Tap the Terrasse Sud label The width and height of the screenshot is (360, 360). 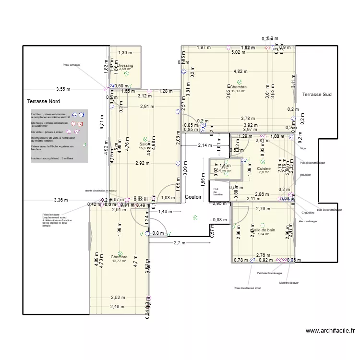317,95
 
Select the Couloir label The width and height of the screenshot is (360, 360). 193,183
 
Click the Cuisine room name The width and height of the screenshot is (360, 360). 264,168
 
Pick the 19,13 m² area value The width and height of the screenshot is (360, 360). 239,91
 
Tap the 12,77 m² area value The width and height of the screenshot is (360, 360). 119,261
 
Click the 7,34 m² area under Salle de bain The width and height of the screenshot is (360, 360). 264,234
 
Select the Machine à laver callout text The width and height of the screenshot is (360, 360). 289,283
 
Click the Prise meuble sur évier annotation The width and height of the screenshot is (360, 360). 247,288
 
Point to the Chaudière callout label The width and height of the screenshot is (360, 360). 308,213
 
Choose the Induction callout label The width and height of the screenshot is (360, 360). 305,175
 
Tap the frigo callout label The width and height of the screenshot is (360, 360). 303,148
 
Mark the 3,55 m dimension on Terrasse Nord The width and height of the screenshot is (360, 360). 63,89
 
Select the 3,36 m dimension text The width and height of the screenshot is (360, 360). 61,200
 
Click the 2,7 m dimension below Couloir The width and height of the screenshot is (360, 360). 179,243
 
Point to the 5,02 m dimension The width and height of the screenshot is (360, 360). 239,52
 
